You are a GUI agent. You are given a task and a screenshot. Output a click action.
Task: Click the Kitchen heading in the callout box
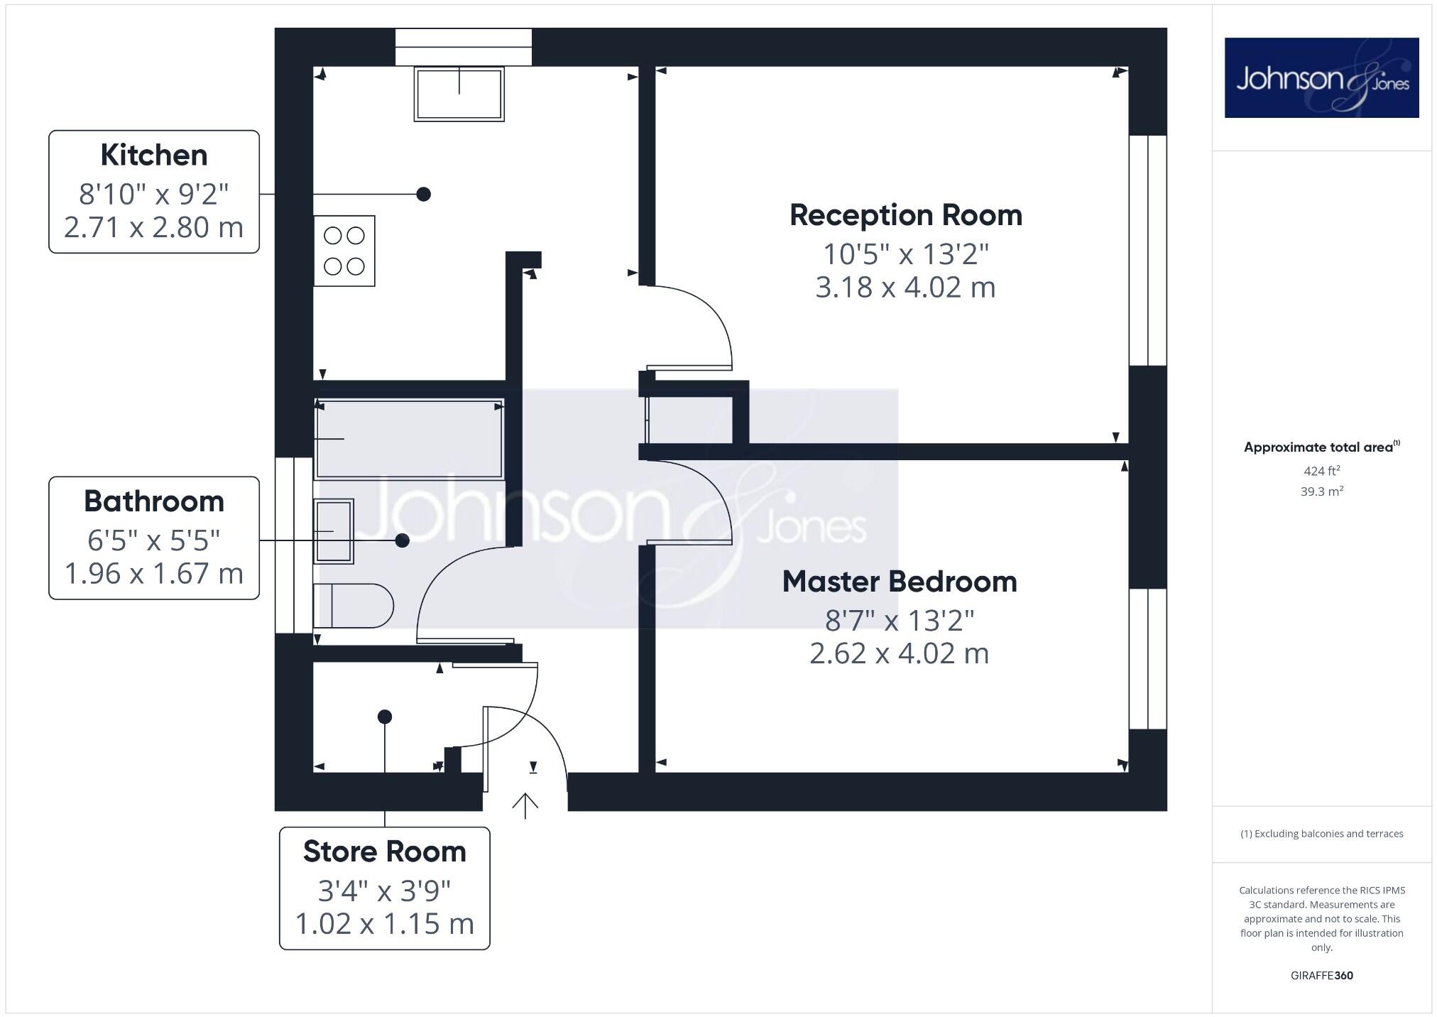click(153, 155)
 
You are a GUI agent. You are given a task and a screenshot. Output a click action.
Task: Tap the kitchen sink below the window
click(459, 94)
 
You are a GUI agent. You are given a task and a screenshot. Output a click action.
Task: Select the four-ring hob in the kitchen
click(344, 251)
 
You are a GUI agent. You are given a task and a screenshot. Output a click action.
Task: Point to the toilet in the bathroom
click(354, 606)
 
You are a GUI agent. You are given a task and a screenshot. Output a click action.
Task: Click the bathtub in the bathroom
click(409, 438)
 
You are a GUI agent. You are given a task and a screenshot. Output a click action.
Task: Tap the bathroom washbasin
click(334, 531)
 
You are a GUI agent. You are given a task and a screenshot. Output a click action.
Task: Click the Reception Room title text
click(905, 215)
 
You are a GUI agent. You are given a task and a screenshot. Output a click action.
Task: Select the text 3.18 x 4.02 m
click(905, 288)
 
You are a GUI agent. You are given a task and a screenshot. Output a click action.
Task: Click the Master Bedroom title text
click(899, 582)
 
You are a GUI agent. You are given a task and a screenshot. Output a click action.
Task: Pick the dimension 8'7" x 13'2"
click(899, 621)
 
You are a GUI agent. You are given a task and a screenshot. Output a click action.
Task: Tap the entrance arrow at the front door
click(525, 805)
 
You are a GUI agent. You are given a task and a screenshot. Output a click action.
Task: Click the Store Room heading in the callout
click(384, 852)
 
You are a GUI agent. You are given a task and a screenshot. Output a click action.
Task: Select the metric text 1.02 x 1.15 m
click(384, 924)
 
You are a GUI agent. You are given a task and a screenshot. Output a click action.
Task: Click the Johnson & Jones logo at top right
click(1321, 78)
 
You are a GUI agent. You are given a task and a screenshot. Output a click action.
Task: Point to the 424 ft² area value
click(1321, 470)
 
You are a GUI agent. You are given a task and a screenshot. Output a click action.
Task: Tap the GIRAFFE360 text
click(1321, 975)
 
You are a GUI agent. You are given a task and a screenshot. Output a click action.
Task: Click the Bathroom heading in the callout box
click(153, 501)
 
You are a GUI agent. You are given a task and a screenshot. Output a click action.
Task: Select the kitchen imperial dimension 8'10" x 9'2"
click(153, 193)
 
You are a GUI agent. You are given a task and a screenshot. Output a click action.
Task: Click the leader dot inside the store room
click(384, 717)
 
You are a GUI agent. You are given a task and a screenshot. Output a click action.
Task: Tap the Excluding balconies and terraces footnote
click(1321, 834)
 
